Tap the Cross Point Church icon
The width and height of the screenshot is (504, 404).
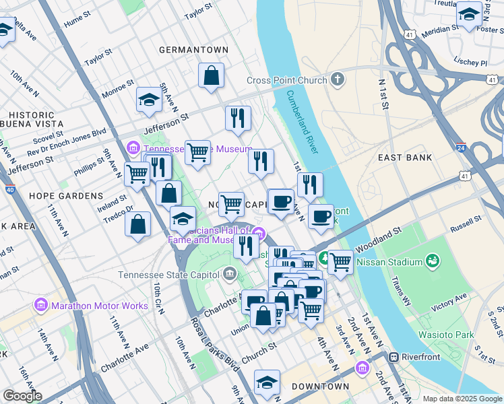click(337, 80)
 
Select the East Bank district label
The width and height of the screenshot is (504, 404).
click(404, 158)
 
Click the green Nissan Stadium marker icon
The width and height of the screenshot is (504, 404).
click(432, 261)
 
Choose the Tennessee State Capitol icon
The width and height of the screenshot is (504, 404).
click(230, 274)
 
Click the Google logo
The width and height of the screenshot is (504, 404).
click(22, 396)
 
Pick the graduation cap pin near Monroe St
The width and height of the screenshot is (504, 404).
click(149, 100)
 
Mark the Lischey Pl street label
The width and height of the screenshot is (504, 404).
click(471, 63)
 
